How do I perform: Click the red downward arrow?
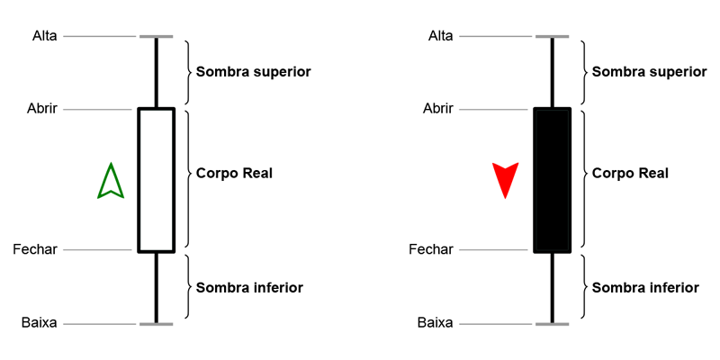[x=506, y=178]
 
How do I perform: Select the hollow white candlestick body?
[x=156, y=180]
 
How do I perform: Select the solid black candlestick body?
[x=552, y=180]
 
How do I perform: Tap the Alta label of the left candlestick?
[x=44, y=36]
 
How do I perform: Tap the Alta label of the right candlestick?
[x=440, y=36]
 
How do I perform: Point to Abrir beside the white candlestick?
[x=43, y=109]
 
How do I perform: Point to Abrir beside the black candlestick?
[x=439, y=109]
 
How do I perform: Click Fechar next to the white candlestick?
[x=35, y=249]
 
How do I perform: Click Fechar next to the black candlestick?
[x=431, y=249]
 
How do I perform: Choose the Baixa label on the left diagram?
[x=40, y=322]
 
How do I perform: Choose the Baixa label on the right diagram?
[x=436, y=322]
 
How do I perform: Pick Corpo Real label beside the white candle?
[x=234, y=173]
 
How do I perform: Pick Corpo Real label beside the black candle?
[x=630, y=173]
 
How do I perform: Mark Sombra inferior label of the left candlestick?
[x=249, y=288]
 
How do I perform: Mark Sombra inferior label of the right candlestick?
[x=645, y=288]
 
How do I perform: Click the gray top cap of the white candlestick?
[x=156, y=37]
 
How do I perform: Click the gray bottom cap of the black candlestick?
[x=552, y=323]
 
